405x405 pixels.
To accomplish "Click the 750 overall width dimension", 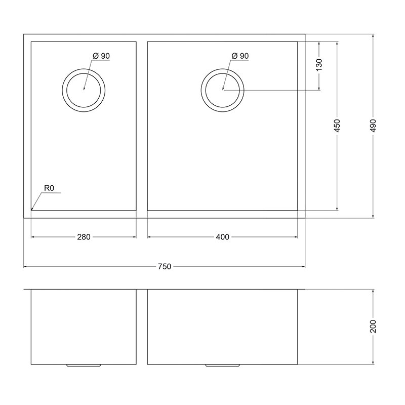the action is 165,266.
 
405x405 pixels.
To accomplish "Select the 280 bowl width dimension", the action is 84,237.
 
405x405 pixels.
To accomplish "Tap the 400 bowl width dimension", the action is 222,237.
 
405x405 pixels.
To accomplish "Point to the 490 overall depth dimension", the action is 373,126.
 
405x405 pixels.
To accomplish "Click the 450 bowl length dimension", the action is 337,126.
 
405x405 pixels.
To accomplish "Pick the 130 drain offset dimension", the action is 319,65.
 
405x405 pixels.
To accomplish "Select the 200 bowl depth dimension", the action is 373,326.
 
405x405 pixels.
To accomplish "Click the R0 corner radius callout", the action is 49,188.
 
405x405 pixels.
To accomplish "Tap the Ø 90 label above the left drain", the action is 101,56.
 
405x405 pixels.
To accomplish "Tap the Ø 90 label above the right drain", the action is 240,56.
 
